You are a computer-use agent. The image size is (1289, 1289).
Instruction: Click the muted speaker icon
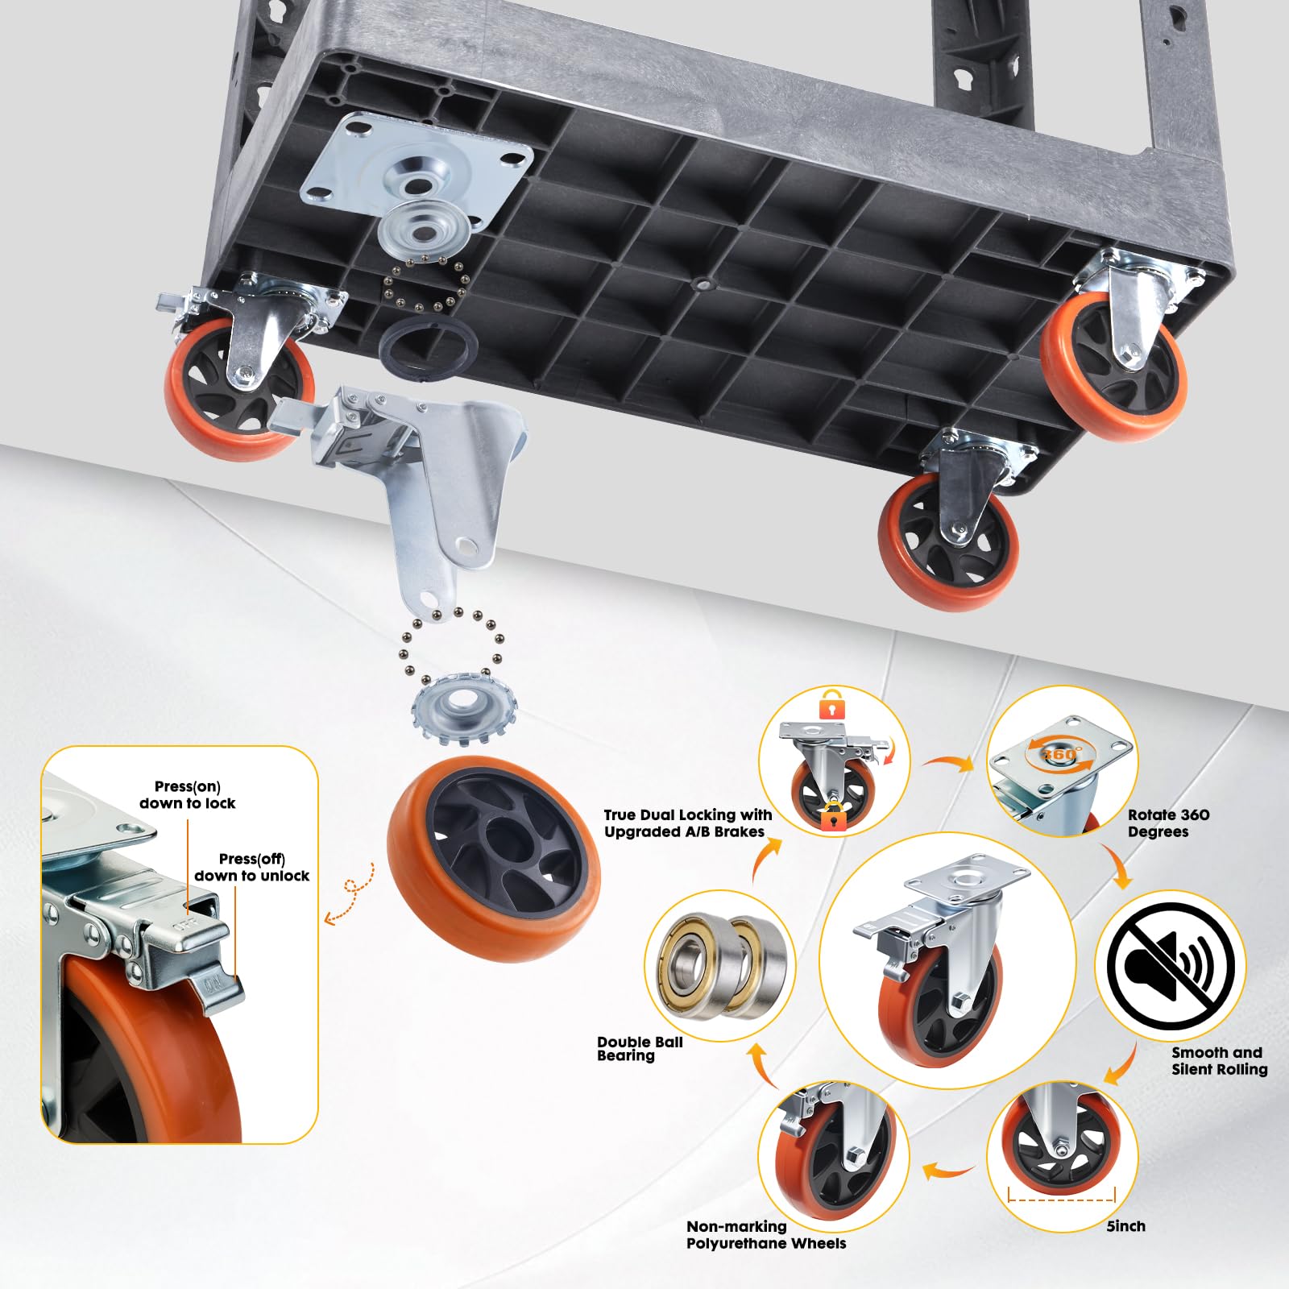point(1170,965)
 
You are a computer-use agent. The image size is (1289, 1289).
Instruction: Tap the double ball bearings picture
point(721,964)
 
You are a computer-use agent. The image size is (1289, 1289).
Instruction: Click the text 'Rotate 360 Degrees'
point(1168,823)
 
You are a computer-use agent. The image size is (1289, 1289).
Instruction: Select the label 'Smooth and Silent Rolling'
point(1219,1061)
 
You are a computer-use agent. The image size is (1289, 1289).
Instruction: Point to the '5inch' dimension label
point(1125,1225)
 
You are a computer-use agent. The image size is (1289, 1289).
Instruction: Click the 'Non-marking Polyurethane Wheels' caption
point(766,1235)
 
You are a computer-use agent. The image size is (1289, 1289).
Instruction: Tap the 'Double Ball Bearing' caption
point(640,1048)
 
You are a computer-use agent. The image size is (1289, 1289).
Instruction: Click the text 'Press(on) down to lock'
point(188,794)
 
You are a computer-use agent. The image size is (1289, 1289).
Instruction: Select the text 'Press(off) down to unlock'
point(251,868)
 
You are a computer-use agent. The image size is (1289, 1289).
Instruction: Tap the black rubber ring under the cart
point(428,345)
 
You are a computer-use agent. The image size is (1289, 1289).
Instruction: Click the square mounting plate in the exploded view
point(417,169)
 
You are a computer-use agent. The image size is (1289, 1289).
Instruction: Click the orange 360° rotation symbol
point(1059,754)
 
